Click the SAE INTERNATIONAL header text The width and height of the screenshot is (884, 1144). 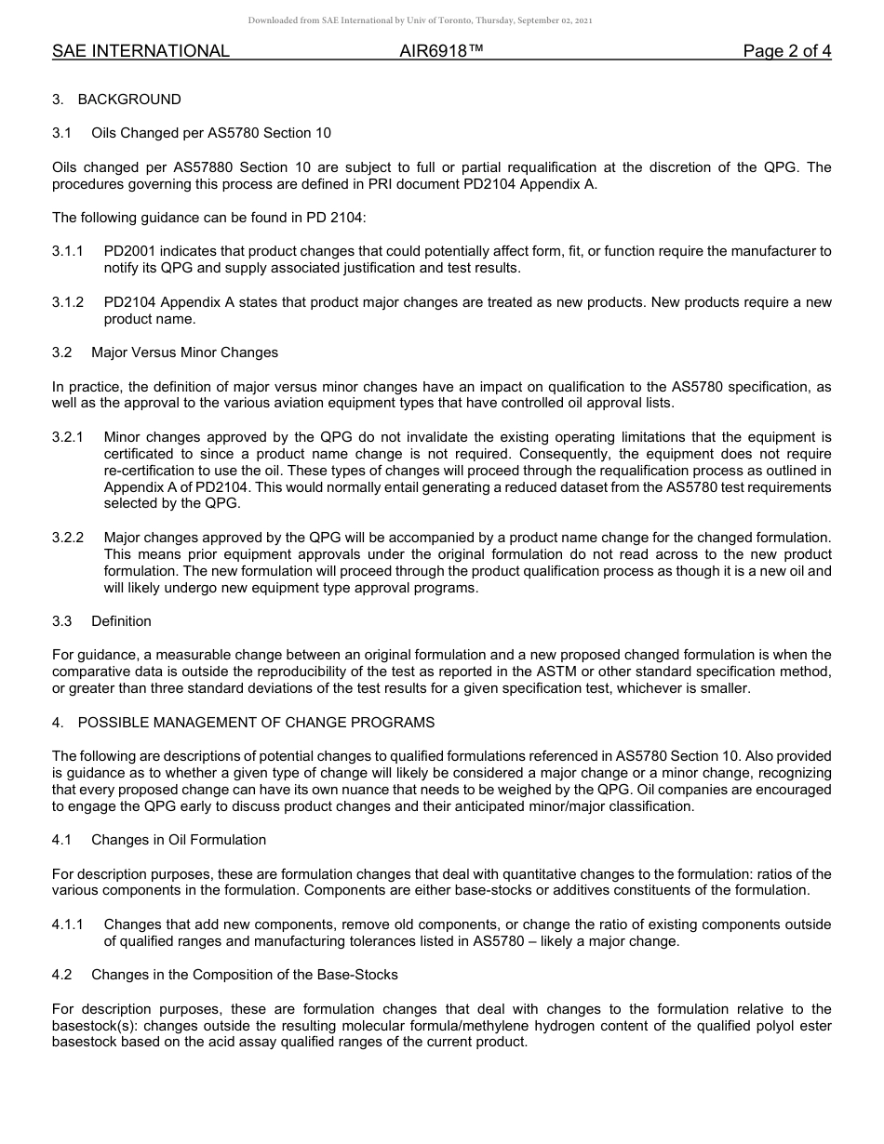point(141,51)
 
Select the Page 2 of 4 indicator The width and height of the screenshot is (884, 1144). point(786,51)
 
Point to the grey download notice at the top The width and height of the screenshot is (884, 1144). point(420,20)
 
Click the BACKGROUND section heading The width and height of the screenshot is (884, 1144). point(129,100)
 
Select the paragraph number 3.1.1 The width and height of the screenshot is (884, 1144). point(68,252)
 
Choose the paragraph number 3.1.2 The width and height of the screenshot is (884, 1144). point(68,303)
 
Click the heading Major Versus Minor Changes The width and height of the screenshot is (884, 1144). point(184,353)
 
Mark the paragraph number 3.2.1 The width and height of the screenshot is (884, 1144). point(68,437)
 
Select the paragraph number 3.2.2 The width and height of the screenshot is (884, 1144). point(68,538)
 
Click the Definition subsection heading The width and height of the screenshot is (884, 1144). point(121,621)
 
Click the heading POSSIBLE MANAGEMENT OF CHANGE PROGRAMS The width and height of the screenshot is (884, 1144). point(256,723)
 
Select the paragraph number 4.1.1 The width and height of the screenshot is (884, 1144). point(68,925)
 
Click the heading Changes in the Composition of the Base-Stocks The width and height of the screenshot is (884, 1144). point(244,975)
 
